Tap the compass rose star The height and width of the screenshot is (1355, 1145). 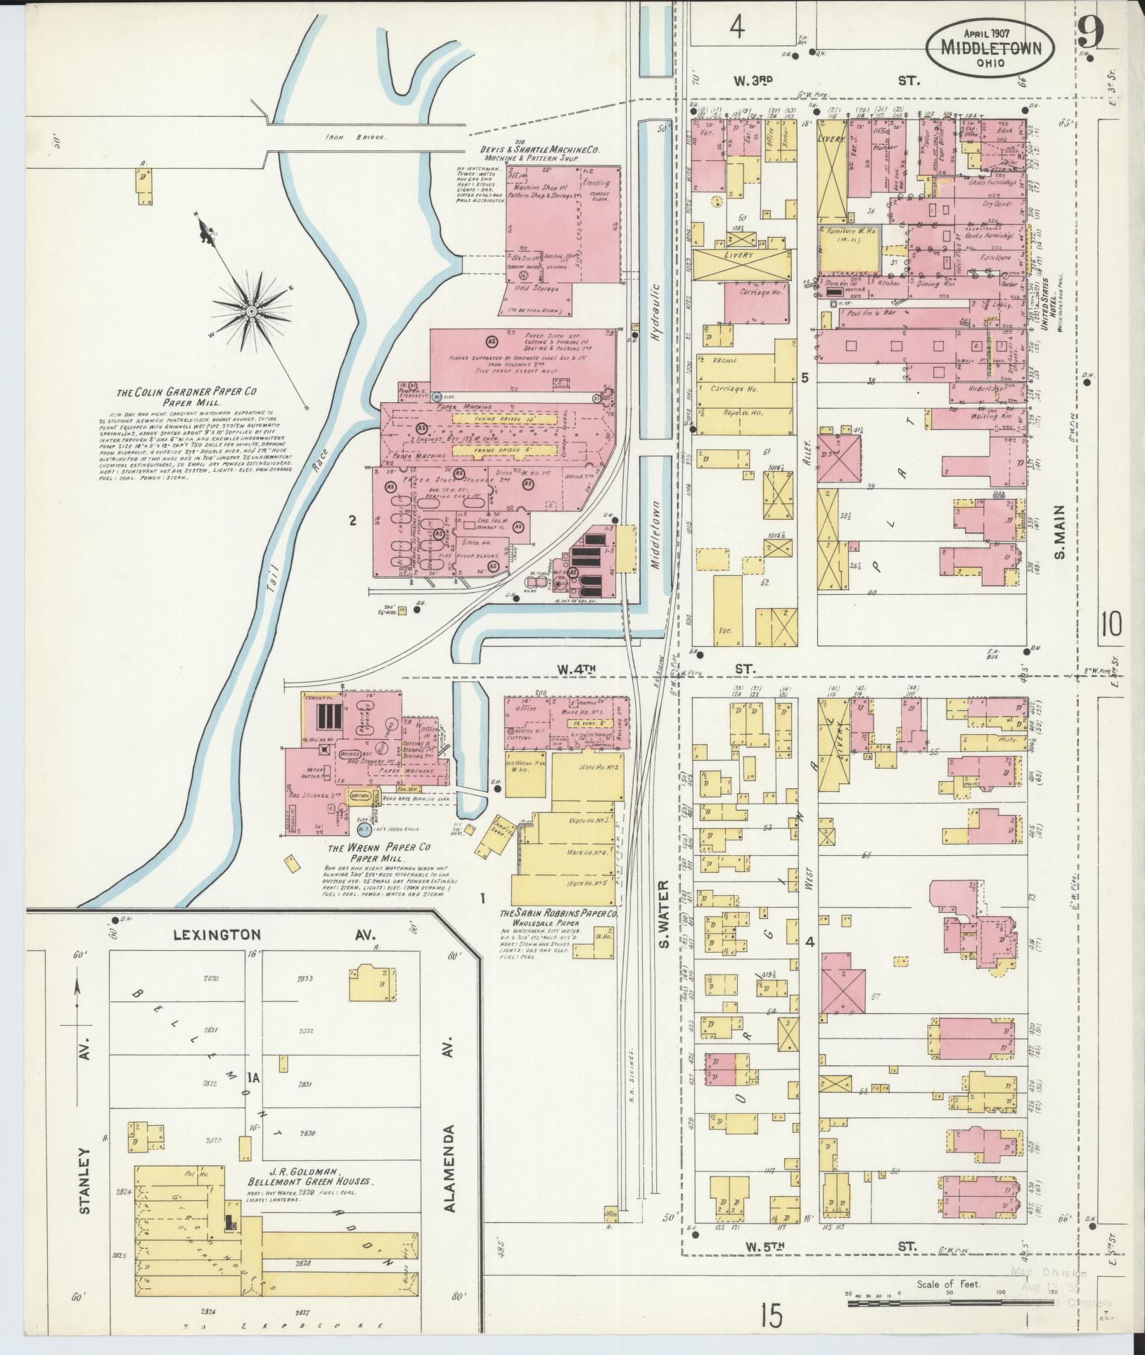[251, 310]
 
